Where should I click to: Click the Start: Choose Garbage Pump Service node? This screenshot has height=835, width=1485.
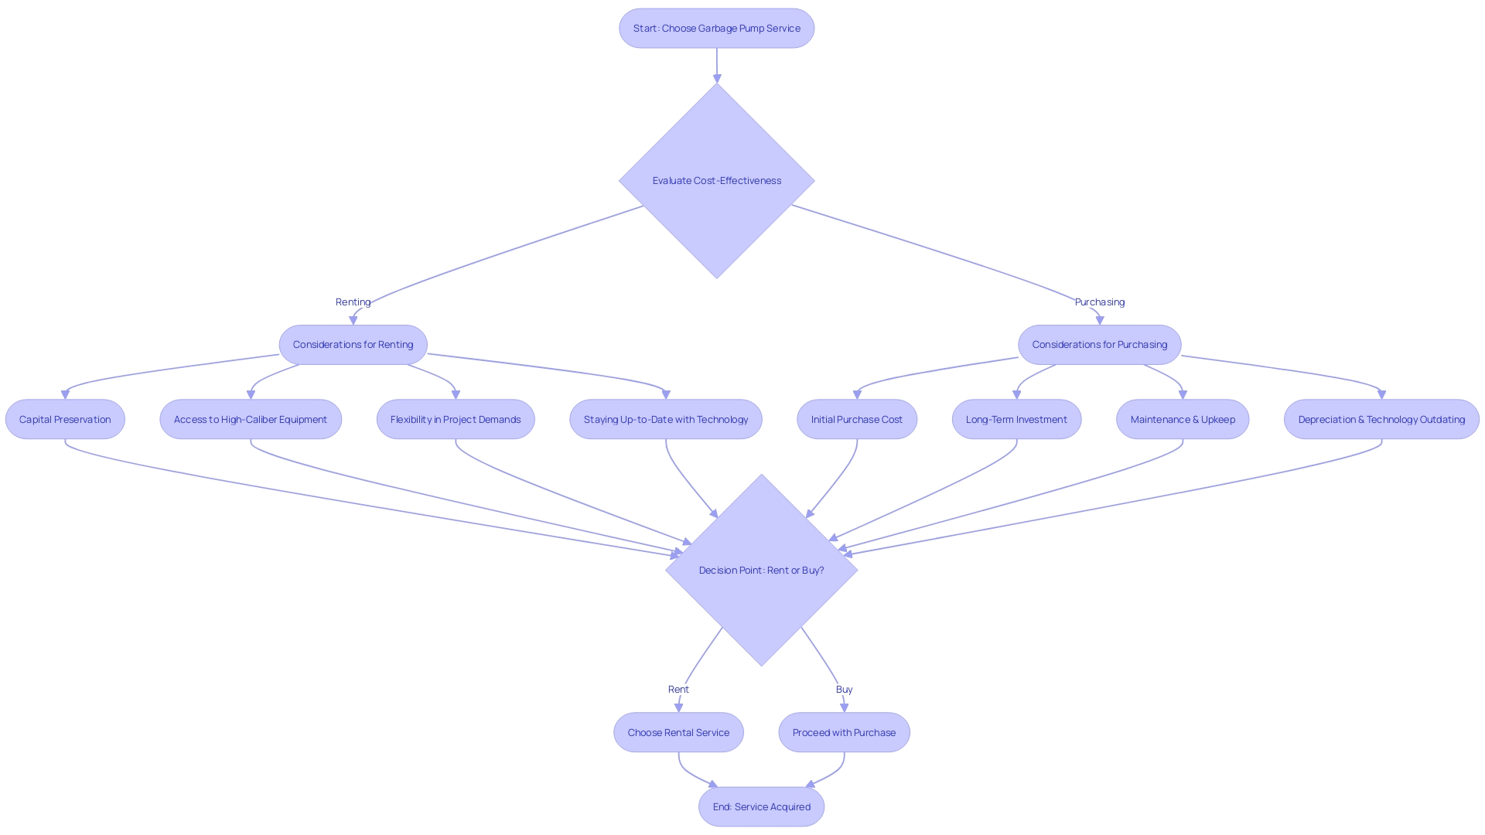click(x=716, y=29)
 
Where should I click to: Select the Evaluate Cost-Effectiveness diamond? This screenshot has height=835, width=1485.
click(x=716, y=181)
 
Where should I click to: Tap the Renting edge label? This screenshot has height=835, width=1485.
click(x=353, y=302)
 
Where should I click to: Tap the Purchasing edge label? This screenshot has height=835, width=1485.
click(x=1099, y=302)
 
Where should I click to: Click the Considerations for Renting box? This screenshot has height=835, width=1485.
click(x=353, y=345)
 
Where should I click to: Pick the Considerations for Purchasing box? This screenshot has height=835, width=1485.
click(x=1099, y=345)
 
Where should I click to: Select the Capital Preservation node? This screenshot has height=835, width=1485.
click(x=65, y=420)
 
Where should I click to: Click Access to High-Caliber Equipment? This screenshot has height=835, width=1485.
click(x=251, y=420)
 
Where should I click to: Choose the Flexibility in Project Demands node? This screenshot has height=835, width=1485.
click(x=456, y=420)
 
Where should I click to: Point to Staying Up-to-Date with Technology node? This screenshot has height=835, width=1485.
click(x=665, y=420)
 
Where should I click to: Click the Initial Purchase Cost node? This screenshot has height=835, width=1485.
click(x=856, y=420)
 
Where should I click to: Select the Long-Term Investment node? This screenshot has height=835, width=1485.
click(x=1016, y=420)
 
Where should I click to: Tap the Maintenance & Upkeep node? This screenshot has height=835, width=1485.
click(x=1183, y=420)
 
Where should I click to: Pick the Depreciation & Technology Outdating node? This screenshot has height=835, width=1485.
click(x=1381, y=420)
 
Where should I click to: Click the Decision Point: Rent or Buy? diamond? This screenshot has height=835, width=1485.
click(x=761, y=571)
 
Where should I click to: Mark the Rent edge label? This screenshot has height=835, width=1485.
click(x=678, y=690)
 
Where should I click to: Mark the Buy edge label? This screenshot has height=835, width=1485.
click(x=844, y=690)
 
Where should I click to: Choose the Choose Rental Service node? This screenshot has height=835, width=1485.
click(x=678, y=733)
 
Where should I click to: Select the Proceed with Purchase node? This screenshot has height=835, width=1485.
click(x=844, y=733)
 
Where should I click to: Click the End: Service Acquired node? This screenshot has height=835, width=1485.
click(x=761, y=807)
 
